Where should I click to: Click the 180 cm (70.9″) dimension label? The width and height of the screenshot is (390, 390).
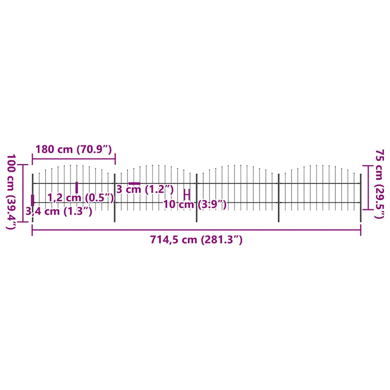point(73,149)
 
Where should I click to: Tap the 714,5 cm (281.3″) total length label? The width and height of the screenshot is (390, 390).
point(196,240)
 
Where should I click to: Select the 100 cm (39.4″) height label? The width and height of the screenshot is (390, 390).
point(11,192)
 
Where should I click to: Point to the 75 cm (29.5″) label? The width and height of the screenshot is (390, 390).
point(379,184)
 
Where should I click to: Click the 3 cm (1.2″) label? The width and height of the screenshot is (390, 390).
point(145,189)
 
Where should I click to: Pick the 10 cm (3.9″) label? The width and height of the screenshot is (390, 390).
point(195,205)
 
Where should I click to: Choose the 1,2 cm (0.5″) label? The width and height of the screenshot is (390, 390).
point(81,197)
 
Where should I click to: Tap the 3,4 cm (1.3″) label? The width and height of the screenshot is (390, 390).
point(59,211)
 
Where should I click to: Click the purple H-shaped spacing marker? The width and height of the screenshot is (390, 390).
point(187,194)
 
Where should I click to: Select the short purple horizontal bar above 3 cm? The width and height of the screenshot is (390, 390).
point(134,184)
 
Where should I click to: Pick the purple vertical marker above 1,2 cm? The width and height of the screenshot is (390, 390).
point(77,187)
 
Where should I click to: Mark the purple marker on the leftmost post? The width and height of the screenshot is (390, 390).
point(32,200)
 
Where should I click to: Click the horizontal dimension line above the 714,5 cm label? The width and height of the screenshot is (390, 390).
point(196,230)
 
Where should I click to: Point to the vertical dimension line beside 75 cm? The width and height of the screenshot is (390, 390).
point(368,187)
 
